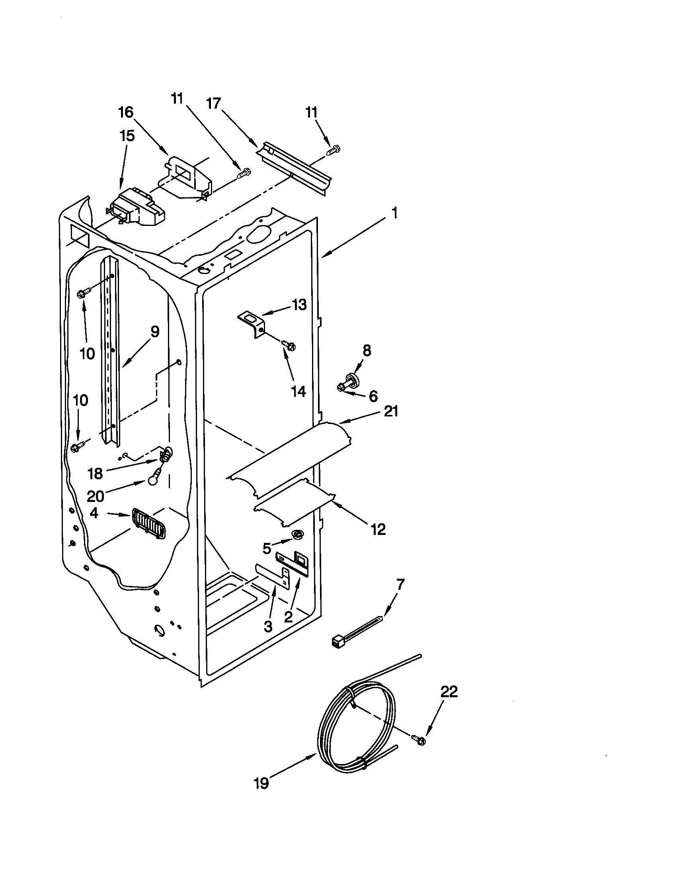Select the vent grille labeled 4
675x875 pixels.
click(147, 524)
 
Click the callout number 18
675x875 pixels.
click(96, 474)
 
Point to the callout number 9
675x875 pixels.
click(155, 332)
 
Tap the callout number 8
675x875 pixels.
click(367, 351)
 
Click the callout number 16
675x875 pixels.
click(126, 113)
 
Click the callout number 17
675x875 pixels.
click(213, 104)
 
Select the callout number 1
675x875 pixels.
click(394, 214)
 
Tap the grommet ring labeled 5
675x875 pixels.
click(297, 534)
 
